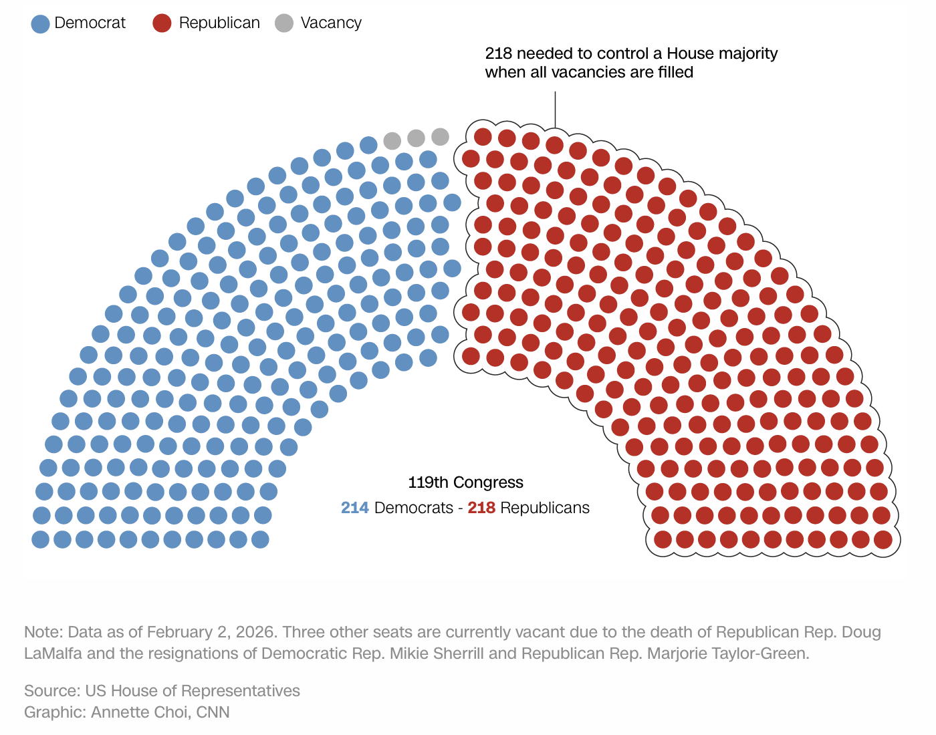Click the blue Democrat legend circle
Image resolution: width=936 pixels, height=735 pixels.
coord(41,24)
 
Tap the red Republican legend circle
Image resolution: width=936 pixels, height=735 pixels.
coord(162,23)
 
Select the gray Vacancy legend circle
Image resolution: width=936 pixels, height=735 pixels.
coord(285,23)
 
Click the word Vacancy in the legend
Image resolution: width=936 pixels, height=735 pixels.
coord(331,23)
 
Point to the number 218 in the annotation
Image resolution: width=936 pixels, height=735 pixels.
coord(499,53)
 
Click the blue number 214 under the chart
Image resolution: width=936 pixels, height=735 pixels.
coord(355,508)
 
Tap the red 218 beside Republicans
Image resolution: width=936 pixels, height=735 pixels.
coord(481,508)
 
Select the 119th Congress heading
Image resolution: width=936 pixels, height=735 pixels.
coord(465,482)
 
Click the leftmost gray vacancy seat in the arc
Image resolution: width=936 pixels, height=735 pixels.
coord(392,141)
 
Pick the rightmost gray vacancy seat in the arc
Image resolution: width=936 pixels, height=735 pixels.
coord(440,137)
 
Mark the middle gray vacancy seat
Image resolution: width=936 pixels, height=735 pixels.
coord(416,138)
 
